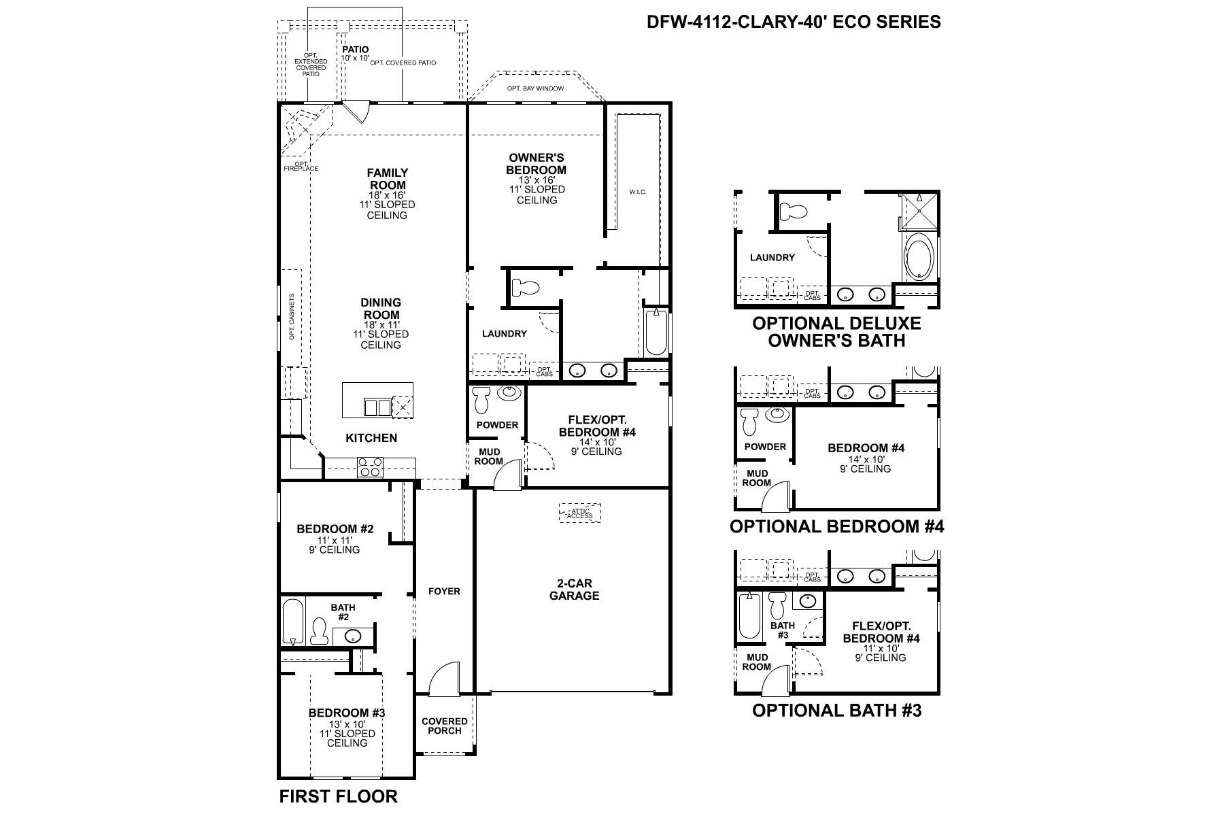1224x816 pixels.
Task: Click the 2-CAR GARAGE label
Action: (574, 590)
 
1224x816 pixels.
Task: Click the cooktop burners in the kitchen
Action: (371, 466)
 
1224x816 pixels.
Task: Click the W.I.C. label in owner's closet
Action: (637, 192)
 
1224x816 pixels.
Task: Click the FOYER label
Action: (444, 592)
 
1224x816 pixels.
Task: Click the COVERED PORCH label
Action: (445, 726)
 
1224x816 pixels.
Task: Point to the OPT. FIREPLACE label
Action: (301, 166)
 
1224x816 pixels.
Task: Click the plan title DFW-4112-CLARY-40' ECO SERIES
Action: (794, 22)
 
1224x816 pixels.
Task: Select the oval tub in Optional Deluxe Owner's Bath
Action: (919, 258)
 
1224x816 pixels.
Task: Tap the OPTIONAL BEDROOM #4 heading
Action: (836, 526)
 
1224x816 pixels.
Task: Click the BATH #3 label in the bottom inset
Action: (782, 630)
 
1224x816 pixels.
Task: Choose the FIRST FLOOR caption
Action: (338, 796)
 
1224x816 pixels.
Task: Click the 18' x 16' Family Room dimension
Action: (387, 195)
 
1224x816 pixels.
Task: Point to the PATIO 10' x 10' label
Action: (355, 54)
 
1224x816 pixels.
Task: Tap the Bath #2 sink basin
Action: (353, 636)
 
